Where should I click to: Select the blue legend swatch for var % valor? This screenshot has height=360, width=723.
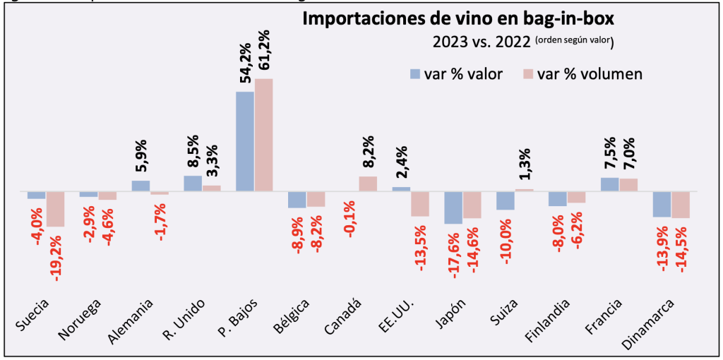pyautogui.click(x=416, y=74)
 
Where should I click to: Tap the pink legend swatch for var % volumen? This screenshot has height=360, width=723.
pyautogui.click(x=527, y=74)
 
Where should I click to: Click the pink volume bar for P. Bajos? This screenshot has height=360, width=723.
pyautogui.click(x=263, y=134)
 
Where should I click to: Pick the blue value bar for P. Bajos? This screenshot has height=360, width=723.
pyautogui.click(x=244, y=141)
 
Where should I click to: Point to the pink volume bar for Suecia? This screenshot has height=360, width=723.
pyautogui.click(x=56, y=209)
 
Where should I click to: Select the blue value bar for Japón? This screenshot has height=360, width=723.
pyautogui.click(x=453, y=208)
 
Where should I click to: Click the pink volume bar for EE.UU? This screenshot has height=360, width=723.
pyautogui.click(x=420, y=204)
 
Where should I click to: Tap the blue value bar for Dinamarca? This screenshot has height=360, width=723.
pyautogui.click(x=662, y=204)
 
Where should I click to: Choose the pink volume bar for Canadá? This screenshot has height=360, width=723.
pyautogui.click(x=368, y=184)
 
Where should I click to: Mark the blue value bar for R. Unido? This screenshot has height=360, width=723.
pyautogui.click(x=193, y=184)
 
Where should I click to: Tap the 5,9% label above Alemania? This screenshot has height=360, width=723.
pyautogui.click(x=141, y=157)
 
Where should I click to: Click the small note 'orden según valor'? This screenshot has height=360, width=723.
pyautogui.click(x=573, y=40)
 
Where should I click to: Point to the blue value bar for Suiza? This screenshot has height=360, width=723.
pyautogui.click(x=505, y=201)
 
